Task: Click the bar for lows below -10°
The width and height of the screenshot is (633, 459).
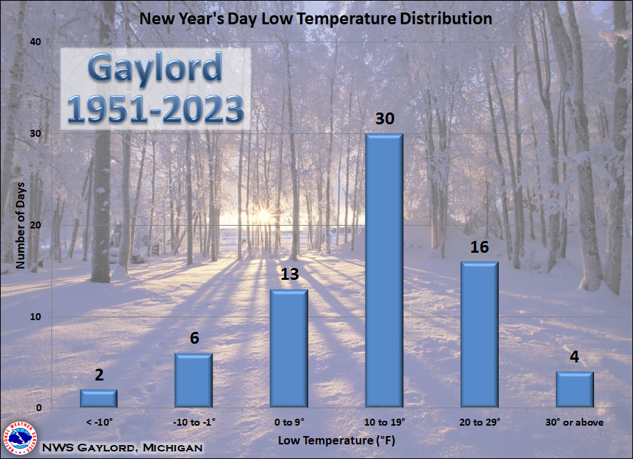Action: coord(99,399)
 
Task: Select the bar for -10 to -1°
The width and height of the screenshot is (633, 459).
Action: coord(194,381)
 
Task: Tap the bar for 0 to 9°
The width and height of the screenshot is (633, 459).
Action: coord(289,349)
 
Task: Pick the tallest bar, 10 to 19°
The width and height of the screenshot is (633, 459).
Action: coord(384,271)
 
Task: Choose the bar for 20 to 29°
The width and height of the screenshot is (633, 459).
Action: coord(479,335)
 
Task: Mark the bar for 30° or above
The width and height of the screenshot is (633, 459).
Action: coord(575,390)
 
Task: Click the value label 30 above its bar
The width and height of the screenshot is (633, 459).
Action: coord(385,119)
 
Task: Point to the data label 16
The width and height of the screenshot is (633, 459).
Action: coord(479,247)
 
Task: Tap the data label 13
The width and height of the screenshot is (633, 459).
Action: coord(290,274)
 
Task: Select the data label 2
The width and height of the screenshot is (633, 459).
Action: coord(99,375)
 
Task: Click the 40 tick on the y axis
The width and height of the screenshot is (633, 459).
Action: coord(35,42)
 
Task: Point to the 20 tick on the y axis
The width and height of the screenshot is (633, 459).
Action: coord(35,225)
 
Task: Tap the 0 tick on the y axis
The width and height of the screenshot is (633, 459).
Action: coord(39,408)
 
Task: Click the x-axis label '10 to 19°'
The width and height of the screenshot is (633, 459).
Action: coord(384,422)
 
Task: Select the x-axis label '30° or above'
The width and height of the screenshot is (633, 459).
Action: coord(575,422)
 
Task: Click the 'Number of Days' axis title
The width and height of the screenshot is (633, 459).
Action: coord(20,225)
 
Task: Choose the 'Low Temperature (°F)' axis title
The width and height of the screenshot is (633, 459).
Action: coord(336,440)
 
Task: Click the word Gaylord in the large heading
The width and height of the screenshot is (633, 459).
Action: coord(155,69)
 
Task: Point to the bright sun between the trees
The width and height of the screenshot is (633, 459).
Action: coord(263,216)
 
